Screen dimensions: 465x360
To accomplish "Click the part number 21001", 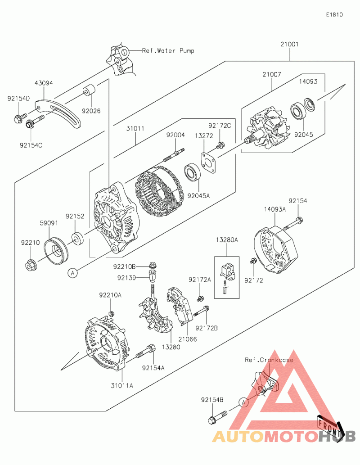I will point(289,45).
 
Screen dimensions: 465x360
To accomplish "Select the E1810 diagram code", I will point(334,14).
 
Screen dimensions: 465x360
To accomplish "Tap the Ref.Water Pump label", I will point(168,50).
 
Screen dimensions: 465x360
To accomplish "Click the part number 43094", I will point(44,83).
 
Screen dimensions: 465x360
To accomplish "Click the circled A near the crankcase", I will point(242,402).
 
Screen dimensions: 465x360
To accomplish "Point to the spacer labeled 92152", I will point(77,238).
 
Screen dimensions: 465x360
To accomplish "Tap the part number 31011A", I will point(122,385).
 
